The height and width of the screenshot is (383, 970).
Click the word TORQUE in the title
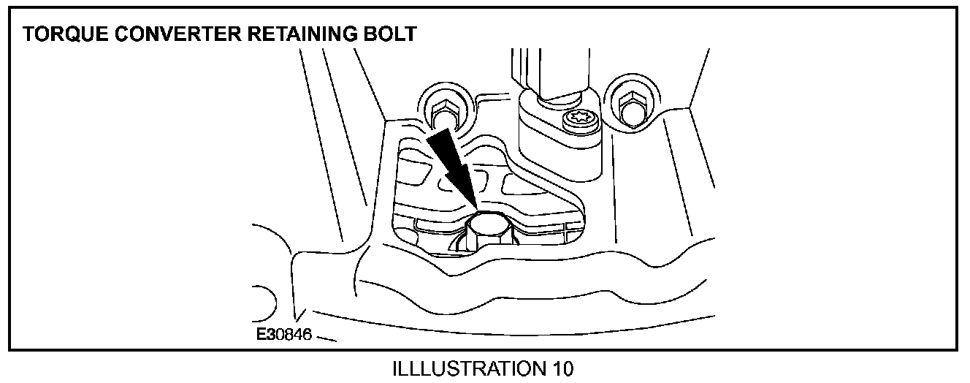point(60,34)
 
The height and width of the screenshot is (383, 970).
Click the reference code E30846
point(284,335)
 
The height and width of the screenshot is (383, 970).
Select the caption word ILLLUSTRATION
point(465,368)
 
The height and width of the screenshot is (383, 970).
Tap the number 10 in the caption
point(560,368)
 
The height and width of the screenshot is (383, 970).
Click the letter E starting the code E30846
point(261,335)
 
